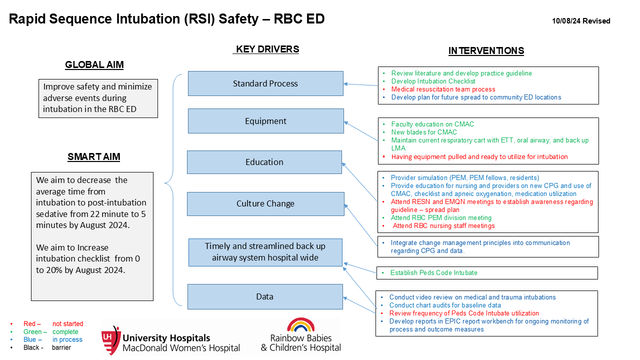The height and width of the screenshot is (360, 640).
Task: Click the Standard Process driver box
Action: coord(265,83)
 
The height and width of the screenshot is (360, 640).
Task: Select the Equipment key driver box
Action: coord(265,121)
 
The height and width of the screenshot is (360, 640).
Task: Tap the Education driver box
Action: coord(264,162)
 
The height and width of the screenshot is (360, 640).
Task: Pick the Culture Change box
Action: coord(265,203)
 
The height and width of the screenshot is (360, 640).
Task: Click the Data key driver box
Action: coord(265,296)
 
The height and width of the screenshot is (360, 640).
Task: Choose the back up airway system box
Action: coord(265,252)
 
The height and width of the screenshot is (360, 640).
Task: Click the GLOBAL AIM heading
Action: coord(94,65)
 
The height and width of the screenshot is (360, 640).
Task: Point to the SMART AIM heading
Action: coord(93,157)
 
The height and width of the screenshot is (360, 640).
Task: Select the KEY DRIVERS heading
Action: coord(266,49)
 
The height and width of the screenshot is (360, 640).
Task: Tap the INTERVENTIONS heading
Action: coord(486,51)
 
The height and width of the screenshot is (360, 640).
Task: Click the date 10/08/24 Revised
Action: coord(581,21)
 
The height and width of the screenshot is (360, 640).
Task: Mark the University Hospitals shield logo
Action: coord(111,340)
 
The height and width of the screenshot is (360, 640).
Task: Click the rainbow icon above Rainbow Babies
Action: coord(300,324)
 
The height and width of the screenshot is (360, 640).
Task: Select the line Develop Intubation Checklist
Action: coord(433,81)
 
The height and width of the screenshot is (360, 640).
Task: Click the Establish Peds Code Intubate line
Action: coord(433,273)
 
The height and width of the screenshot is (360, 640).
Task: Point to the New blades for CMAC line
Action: coord(424,132)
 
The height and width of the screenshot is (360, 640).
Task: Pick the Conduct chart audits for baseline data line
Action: coord(445,305)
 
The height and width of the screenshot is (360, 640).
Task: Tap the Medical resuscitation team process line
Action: coord(443,89)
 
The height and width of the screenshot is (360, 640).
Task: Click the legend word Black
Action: coord(31,347)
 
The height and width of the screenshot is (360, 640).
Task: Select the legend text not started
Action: coord(67,323)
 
